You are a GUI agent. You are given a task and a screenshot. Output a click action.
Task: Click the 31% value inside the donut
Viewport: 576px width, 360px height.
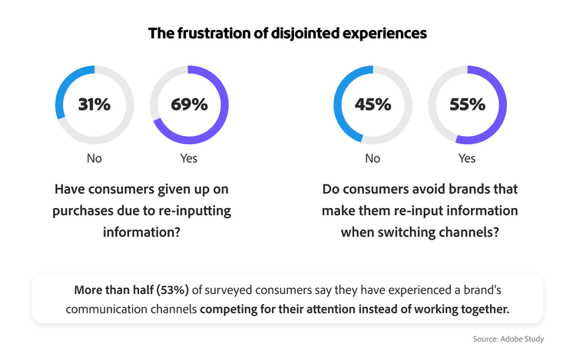click(94, 104)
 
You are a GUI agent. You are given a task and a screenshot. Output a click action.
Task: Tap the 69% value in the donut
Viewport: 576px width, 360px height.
click(189, 104)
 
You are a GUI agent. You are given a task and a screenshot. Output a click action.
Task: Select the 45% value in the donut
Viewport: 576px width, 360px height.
click(372, 104)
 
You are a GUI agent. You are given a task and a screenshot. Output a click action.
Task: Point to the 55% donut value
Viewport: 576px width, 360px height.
click(467, 104)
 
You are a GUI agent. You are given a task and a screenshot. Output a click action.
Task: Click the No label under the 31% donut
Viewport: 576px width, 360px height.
click(94, 158)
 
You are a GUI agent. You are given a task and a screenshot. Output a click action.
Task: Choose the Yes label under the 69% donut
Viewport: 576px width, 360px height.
click(189, 158)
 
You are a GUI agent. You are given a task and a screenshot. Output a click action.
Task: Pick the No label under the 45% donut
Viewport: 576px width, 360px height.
click(372, 158)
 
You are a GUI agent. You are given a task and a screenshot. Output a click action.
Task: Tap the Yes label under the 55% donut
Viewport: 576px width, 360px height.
click(467, 158)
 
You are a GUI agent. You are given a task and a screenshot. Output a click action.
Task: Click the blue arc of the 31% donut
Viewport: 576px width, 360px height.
click(65, 83)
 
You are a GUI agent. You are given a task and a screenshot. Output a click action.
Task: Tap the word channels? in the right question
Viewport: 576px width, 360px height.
click(472, 232)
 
